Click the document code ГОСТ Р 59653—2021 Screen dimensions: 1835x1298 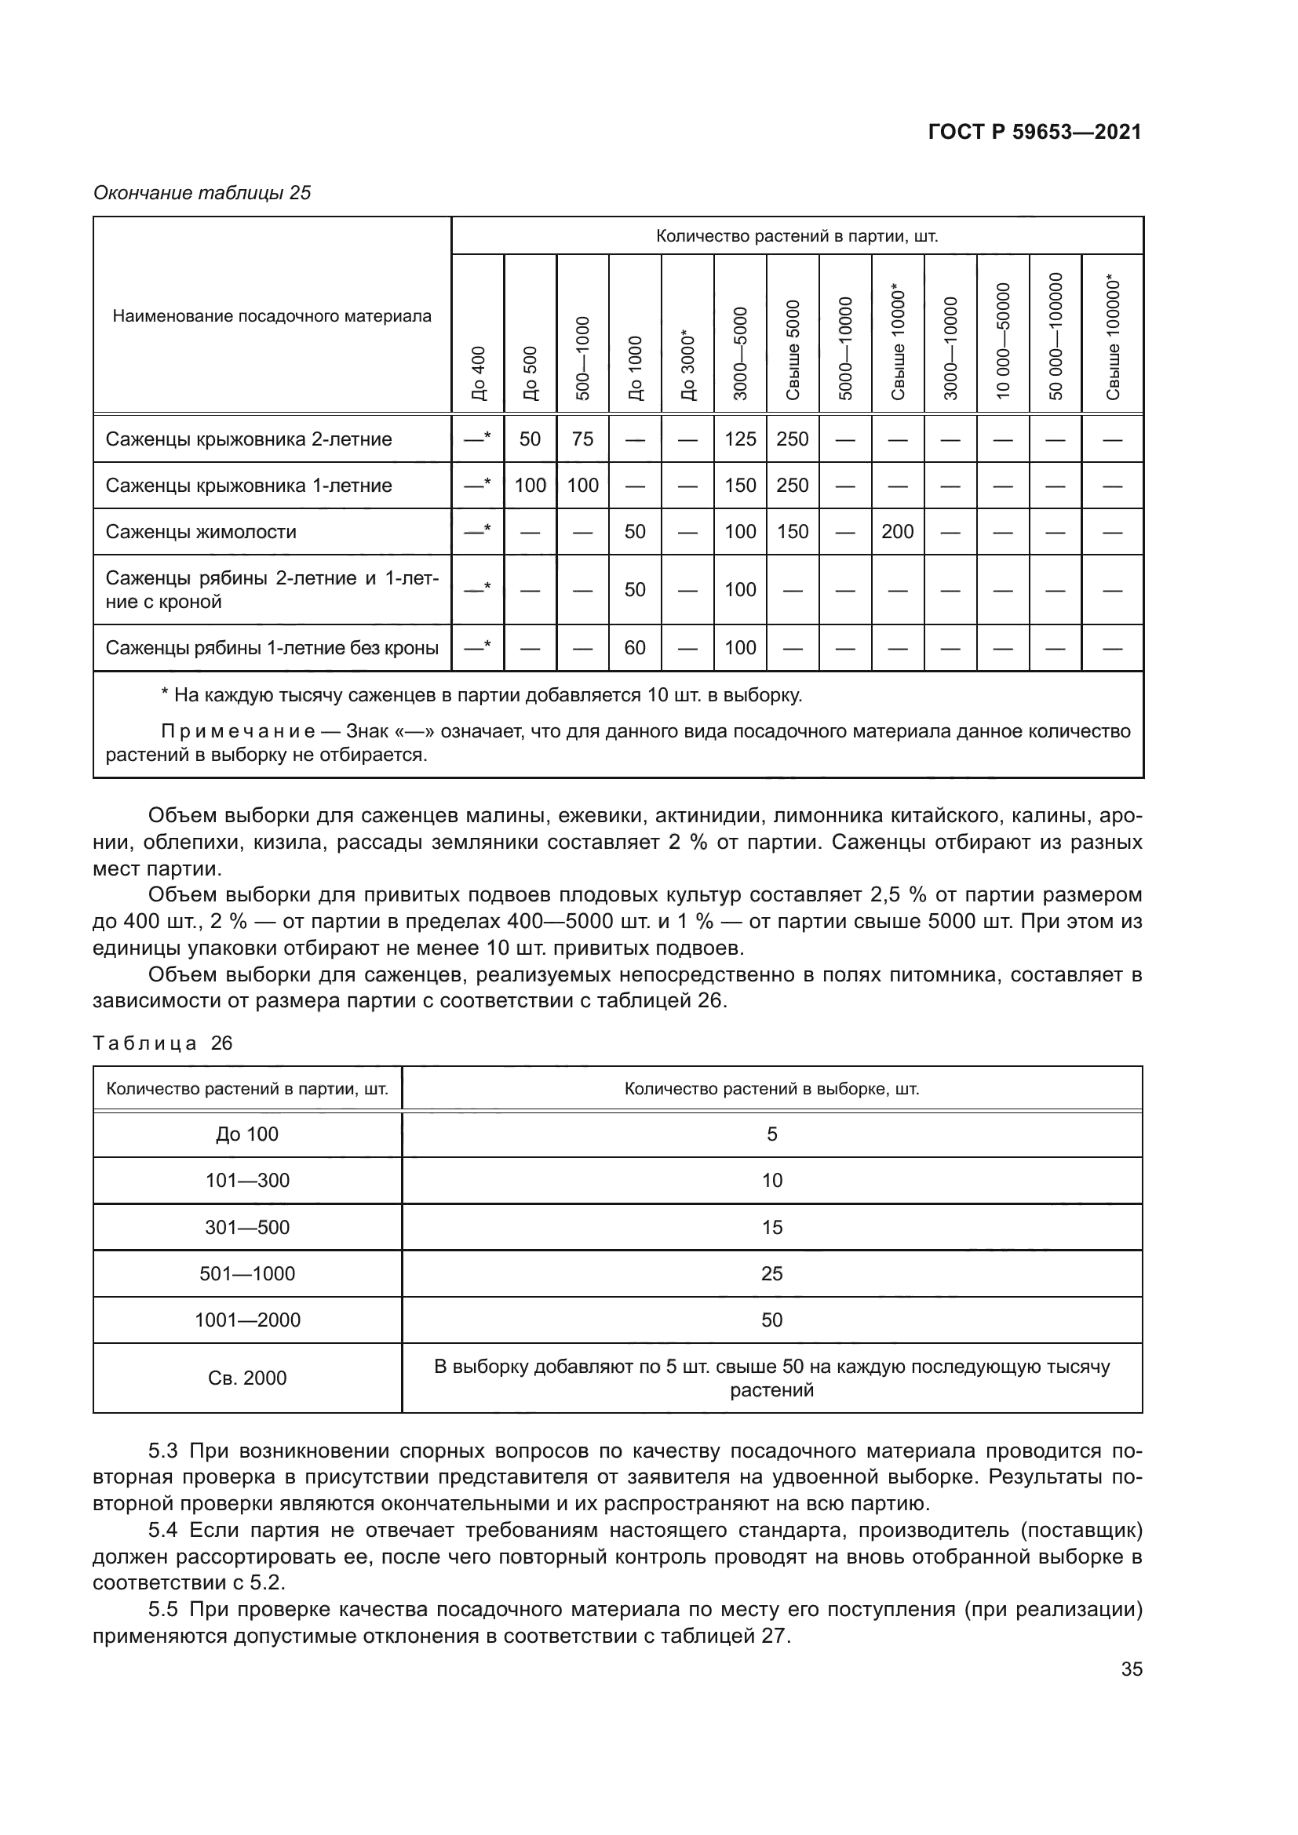(1034, 133)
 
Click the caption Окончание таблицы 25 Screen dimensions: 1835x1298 (202, 193)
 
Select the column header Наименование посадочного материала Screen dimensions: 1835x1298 (272, 316)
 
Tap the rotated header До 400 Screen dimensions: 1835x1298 (478, 373)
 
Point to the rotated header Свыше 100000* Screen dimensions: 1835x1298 (1113, 339)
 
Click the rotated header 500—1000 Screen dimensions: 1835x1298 (582, 358)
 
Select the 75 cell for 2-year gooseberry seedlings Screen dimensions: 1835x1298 (582, 439)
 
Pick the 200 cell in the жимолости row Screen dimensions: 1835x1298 (897, 531)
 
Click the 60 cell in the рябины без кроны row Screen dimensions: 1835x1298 (635, 647)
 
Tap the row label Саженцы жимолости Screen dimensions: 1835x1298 (201, 531)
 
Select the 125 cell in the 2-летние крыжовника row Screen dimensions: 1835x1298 (740, 439)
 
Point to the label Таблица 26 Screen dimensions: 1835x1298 (163, 1043)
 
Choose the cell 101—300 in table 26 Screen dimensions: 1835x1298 (247, 1181)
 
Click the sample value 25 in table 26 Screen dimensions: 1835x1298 (771, 1273)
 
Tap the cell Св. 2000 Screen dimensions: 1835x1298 (247, 1378)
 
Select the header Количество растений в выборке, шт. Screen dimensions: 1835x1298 (771, 1089)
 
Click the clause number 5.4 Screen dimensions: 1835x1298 (166, 1531)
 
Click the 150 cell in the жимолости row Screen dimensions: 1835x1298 (792, 531)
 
